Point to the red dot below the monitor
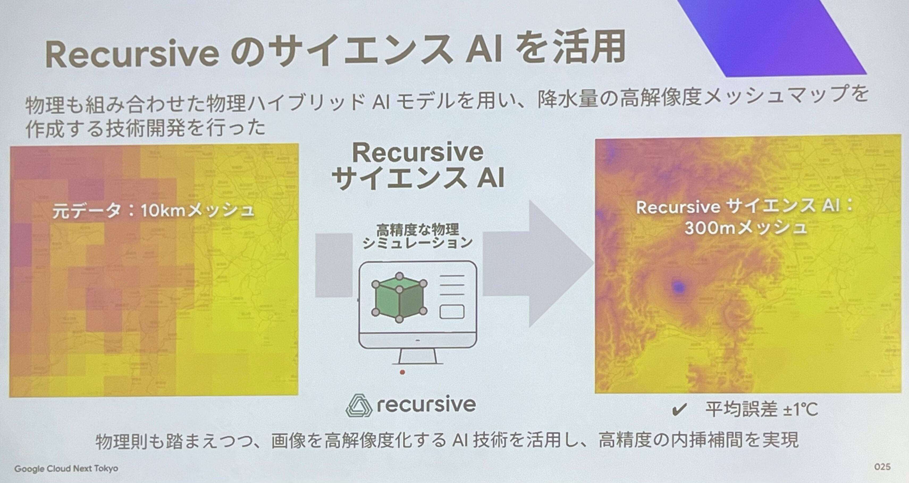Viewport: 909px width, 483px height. click(402, 372)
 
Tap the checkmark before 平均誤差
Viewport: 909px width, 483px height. click(680, 410)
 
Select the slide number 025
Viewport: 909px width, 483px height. click(882, 467)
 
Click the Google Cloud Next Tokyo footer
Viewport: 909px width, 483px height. click(66, 469)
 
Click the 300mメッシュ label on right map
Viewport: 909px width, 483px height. click(746, 228)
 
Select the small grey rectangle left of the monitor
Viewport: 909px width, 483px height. click(334, 265)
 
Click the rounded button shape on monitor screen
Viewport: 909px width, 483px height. click(452, 312)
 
